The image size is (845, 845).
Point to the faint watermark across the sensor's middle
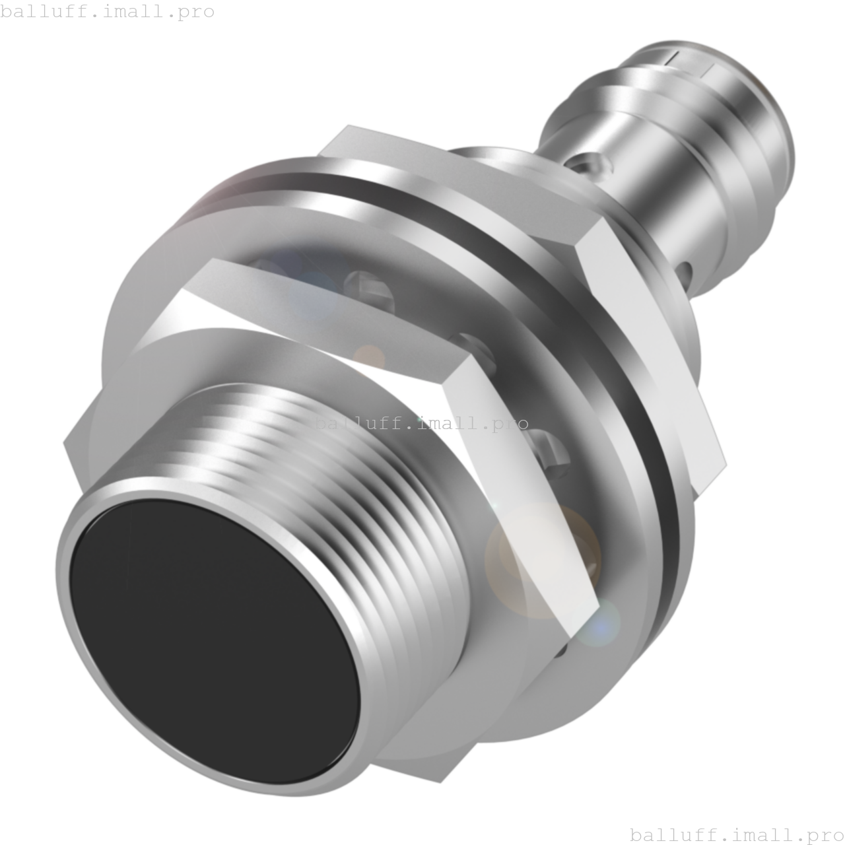(422, 423)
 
